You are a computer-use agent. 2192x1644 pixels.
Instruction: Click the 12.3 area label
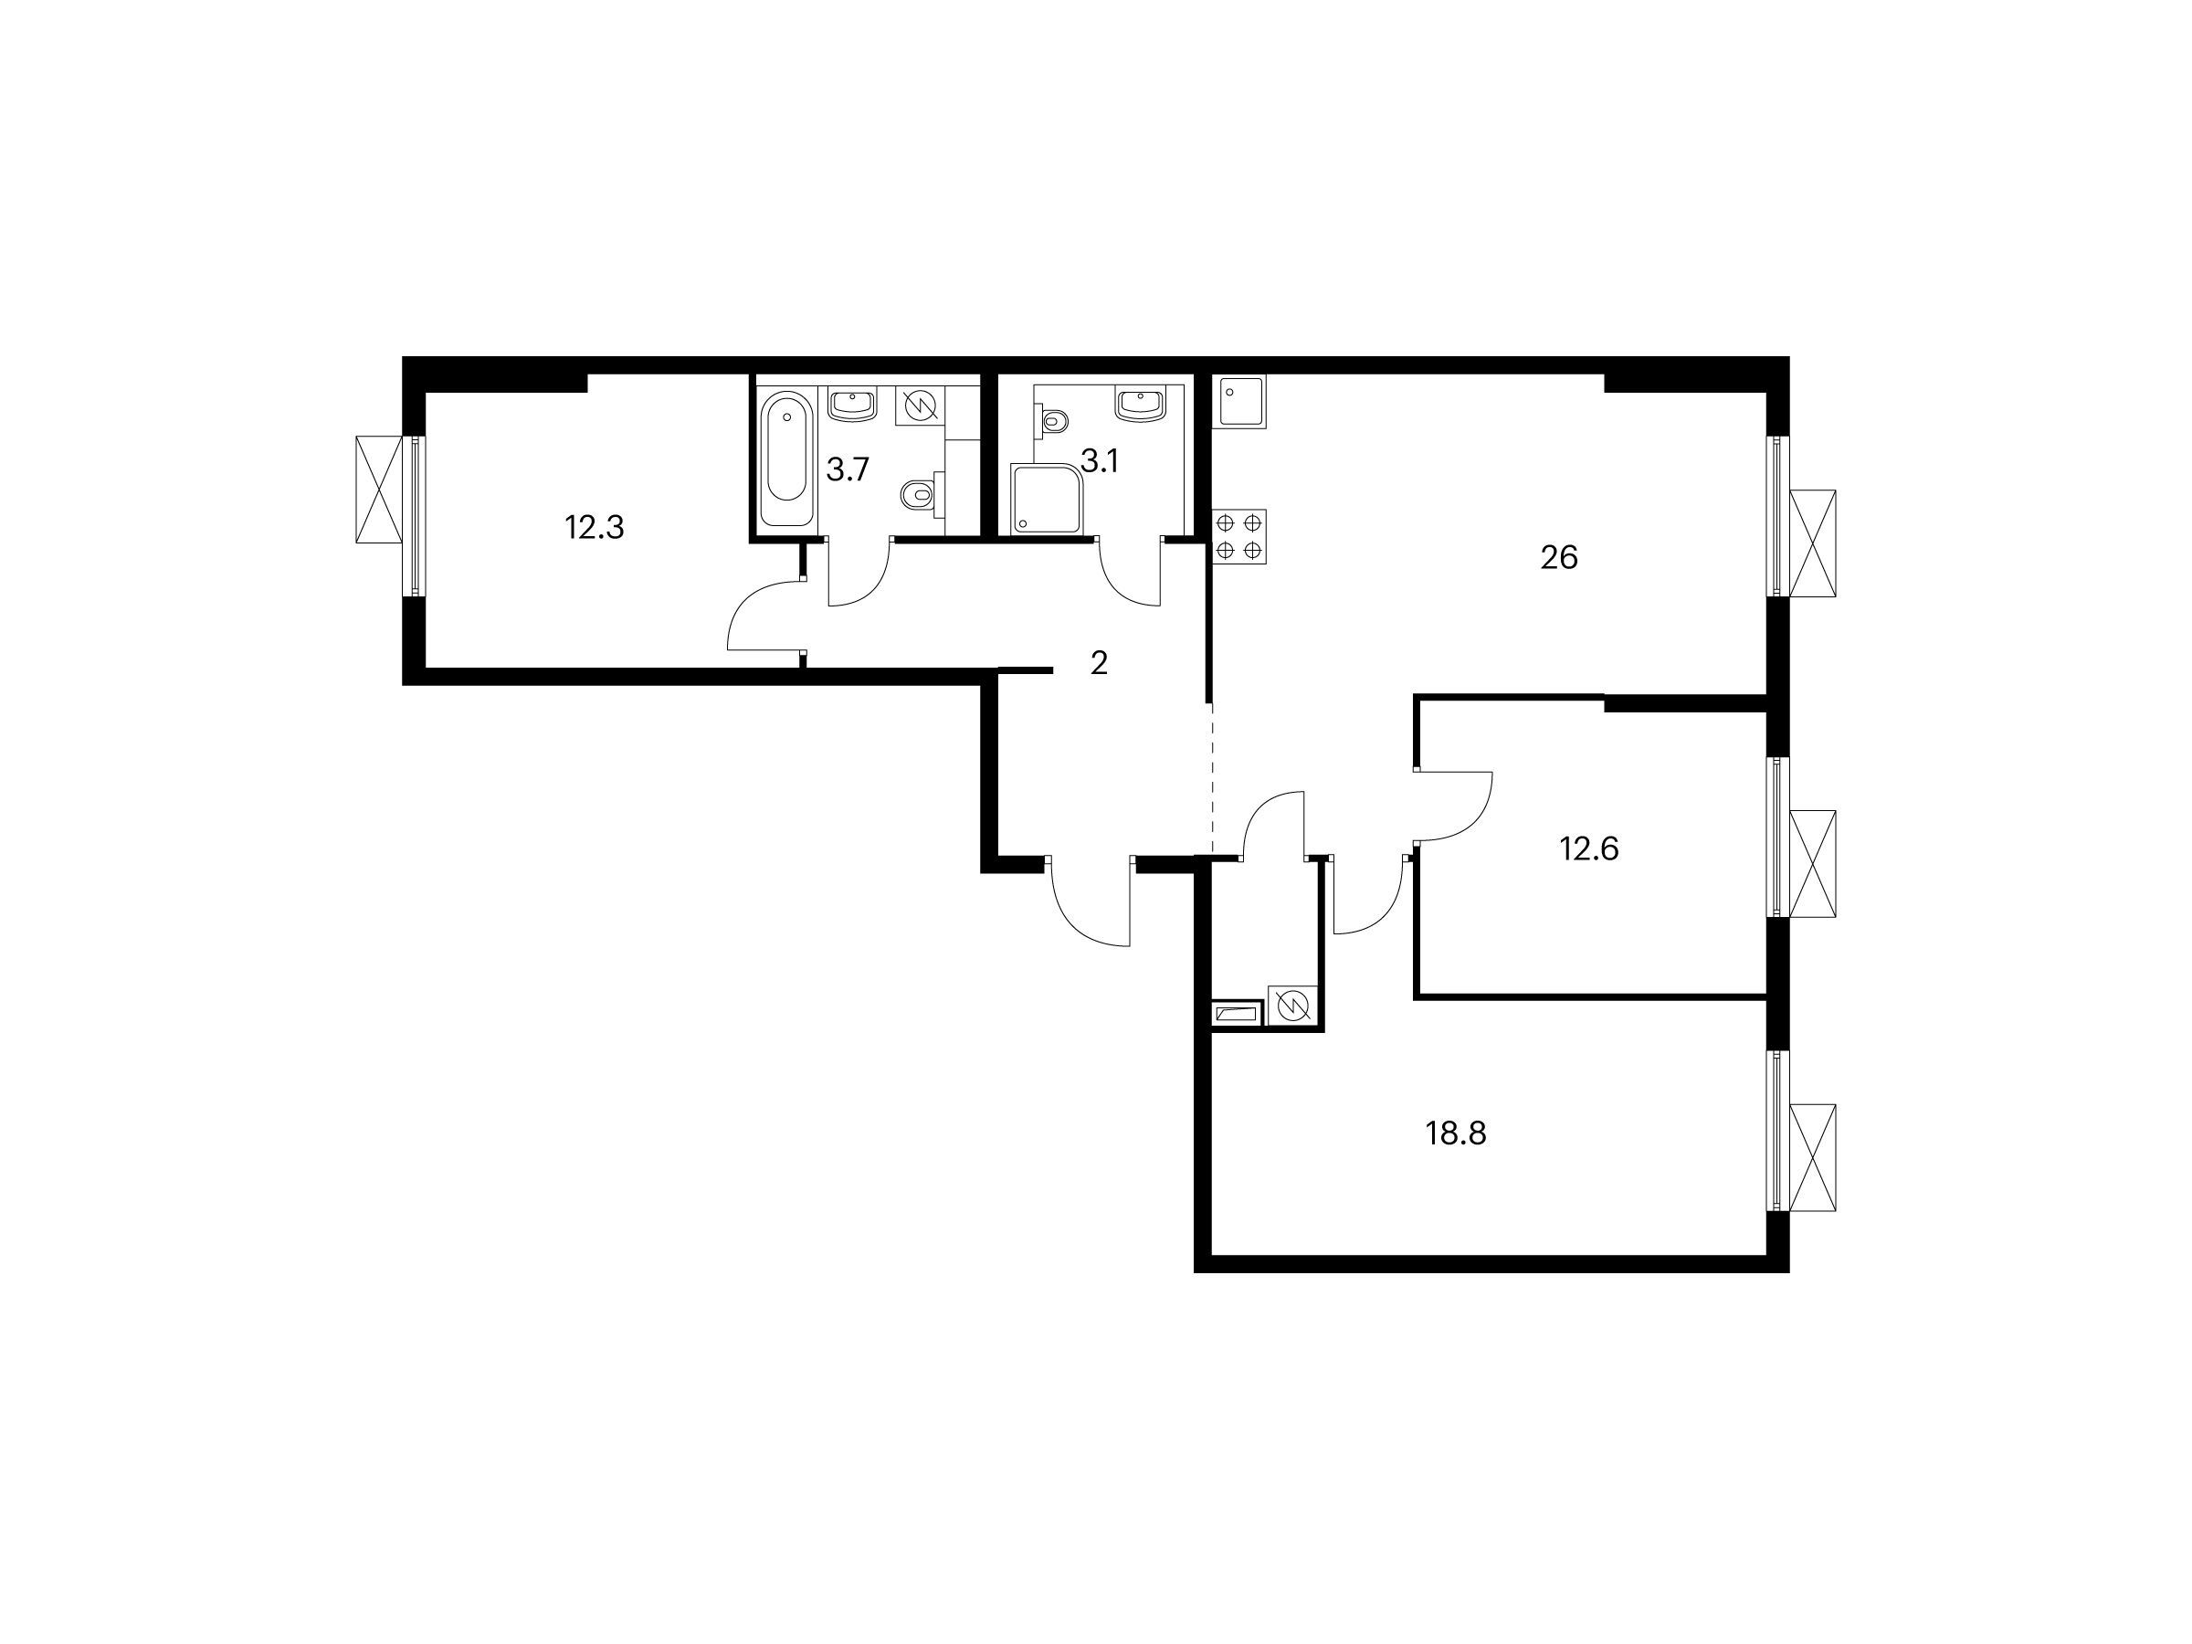coord(595,527)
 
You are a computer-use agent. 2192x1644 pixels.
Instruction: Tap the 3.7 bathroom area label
coord(848,469)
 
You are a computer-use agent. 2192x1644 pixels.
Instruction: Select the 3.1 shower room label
coord(1099,461)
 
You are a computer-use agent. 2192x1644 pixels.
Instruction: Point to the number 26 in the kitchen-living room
coord(1559,558)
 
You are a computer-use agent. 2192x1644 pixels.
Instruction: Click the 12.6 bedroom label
coord(1589,849)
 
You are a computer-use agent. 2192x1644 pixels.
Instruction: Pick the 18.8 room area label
coord(1457,1133)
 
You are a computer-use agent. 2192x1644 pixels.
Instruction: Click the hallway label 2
coord(1098,664)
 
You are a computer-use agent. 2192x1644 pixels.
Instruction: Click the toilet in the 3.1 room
coord(1053,421)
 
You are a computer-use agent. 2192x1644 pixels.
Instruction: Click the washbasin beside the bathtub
coord(852,405)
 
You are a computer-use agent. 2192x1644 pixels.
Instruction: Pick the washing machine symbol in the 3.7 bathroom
coord(920,406)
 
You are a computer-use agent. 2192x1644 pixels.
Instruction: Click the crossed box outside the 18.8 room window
coord(1812,1157)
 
